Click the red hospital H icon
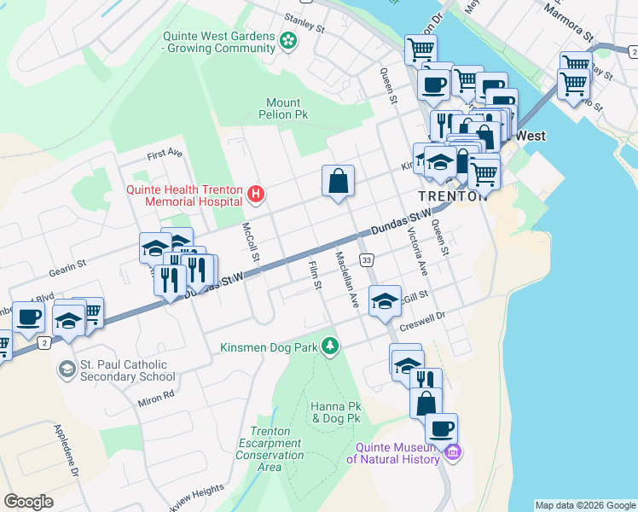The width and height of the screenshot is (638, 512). pyautogui.click(x=255, y=195)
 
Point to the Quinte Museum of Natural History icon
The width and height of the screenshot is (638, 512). pyautogui.click(x=454, y=451)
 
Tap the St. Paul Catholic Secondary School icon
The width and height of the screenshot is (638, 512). pyautogui.click(x=67, y=369)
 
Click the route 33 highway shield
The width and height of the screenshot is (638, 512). pyautogui.click(x=366, y=259)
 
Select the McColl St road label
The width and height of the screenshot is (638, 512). pyautogui.click(x=249, y=241)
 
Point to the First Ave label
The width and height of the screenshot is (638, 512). pyautogui.click(x=165, y=154)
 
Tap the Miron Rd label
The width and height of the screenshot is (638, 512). pyautogui.click(x=156, y=397)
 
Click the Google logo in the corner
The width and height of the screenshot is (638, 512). pyautogui.click(x=28, y=502)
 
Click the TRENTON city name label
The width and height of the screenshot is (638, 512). pyautogui.click(x=452, y=195)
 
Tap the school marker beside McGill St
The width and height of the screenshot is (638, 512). pyautogui.click(x=385, y=300)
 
